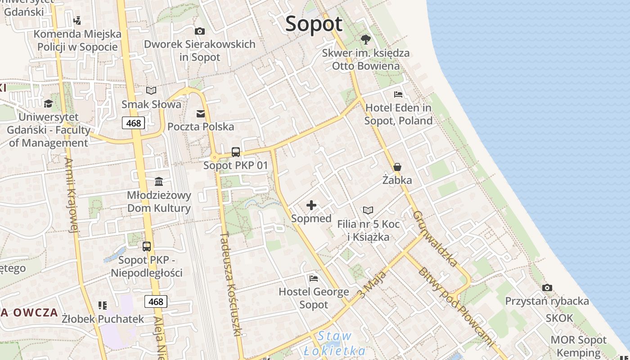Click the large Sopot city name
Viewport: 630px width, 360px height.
pyautogui.click(x=314, y=24)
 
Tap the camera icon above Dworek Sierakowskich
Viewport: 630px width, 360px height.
pyautogui.click(x=199, y=31)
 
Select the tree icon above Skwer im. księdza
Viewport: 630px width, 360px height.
pyautogui.click(x=366, y=40)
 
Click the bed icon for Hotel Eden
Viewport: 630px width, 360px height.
pyautogui.click(x=398, y=94)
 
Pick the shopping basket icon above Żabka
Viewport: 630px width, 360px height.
pyautogui.click(x=397, y=167)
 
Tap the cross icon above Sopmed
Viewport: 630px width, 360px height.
pyautogui.click(x=311, y=206)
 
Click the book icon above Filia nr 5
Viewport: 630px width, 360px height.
pyautogui.click(x=368, y=210)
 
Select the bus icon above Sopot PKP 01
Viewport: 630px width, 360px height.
pyautogui.click(x=236, y=152)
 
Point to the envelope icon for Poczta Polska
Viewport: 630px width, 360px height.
pyautogui.click(x=201, y=113)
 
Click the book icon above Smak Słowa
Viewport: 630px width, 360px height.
pyautogui.click(x=151, y=91)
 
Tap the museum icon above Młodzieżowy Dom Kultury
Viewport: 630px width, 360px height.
pyautogui.click(x=159, y=181)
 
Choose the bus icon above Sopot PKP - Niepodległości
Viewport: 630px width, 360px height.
pyautogui.click(x=147, y=246)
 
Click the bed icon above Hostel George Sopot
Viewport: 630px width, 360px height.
pyautogui.click(x=314, y=278)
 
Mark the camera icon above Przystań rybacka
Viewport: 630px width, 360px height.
pyautogui.click(x=547, y=288)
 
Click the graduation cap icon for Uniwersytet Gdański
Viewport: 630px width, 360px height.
pyautogui.click(x=48, y=104)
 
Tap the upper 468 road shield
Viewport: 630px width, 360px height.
pyautogui.click(x=133, y=123)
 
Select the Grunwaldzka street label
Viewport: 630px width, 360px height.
pyautogui.click(x=435, y=238)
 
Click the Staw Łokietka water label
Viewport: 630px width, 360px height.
pyautogui.click(x=334, y=343)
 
